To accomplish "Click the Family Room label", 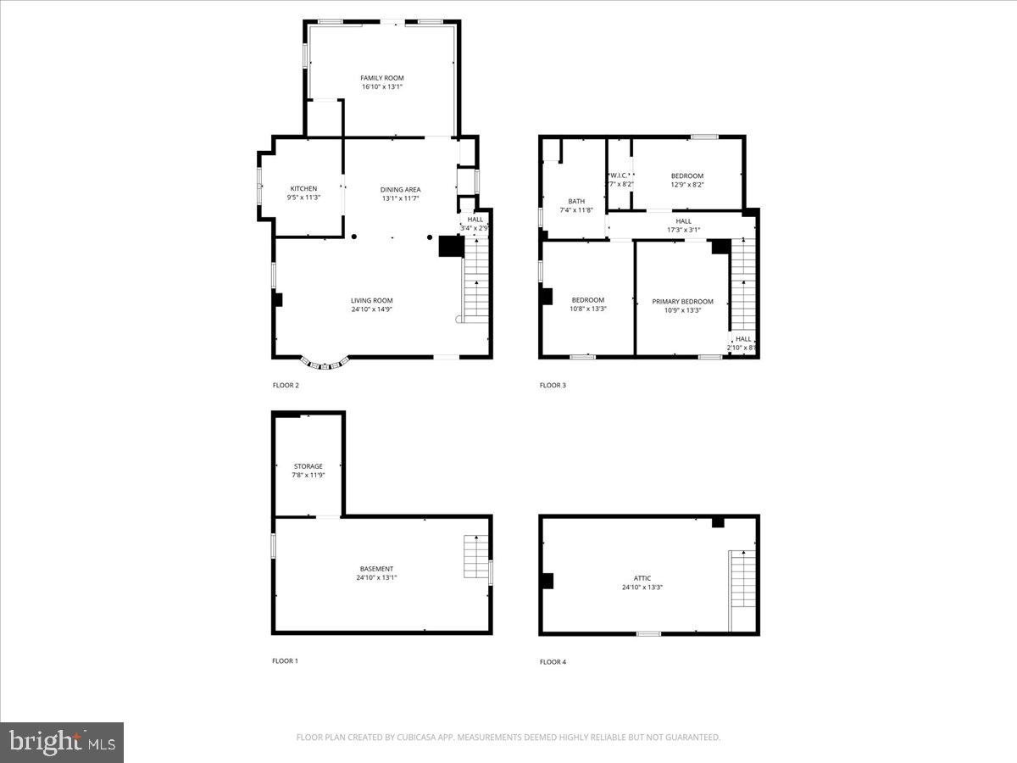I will pos(381,78).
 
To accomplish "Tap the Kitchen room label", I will pos(303,188).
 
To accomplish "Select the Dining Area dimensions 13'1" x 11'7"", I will pos(400,198).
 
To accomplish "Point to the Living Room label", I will pos(371,300).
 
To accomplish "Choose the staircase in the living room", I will pos(476,280).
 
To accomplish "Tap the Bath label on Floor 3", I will pos(576,202).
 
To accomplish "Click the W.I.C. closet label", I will pos(620,175).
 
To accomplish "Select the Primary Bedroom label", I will pos(682,301).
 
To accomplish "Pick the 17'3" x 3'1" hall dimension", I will pos(683,229).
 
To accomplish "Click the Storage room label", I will pos(308,466).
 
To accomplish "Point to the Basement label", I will pos(376,569).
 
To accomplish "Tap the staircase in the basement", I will pos(476,557).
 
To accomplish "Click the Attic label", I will pos(642,578).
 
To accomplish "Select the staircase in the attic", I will pos(742,578).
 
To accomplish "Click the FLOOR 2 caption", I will pos(286,385).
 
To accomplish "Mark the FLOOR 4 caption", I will pos(553,662).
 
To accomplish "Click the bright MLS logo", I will pos(62,743).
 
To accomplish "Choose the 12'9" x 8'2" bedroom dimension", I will pos(687,184).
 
